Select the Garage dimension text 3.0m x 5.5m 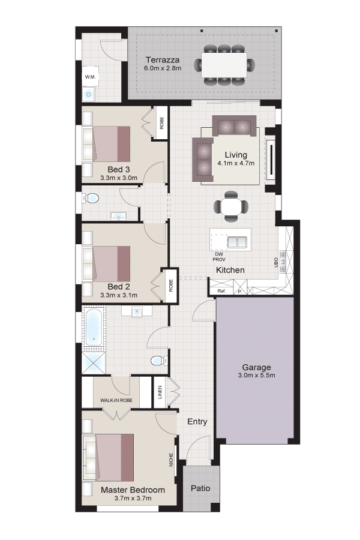pyautogui.click(x=256, y=376)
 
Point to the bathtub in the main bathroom pyautogui.click(x=93, y=326)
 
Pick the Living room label pyautogui.click(x=236, y=155)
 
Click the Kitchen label pyautogui.click(x=230, y=270)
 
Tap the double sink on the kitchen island pyautogui.click(x=237, y=242)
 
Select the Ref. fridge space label pyautogui.click(x=221, y=291)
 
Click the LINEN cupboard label pyautogui.click(x=160, y=392)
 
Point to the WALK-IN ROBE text pyautogui.click(x=116, y=400)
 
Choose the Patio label pyautogui.click(x=200, y=488)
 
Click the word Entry pyautogui.click(x=197, y=422)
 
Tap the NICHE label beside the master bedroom pyautogui.click(x=171, y=460)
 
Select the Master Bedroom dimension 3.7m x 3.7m pyautogui.click(x=133, y=498)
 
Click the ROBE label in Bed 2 pyautogui.click(x=171, y=286)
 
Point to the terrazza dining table pyautogui.click(x=224, y=65)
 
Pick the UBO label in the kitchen pyautogui.click(x=275, y=263)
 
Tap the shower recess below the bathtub pyautogui.click(x=94, y=362)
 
